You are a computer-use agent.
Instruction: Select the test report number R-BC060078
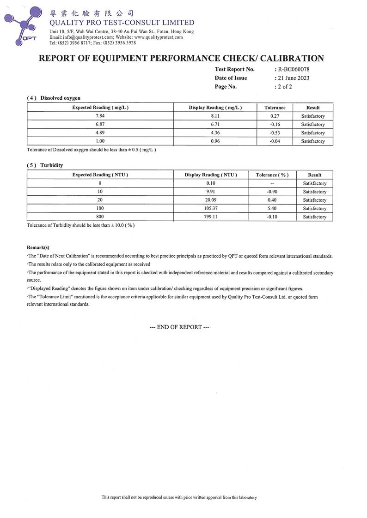click(292, 69)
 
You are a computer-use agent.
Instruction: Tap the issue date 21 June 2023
click(293, 78)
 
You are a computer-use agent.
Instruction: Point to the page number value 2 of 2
click(284, 86)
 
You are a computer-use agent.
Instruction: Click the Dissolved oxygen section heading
click(60, 98)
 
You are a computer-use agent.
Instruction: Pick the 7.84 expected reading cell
click(100, 116)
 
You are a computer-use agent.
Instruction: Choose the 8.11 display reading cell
click(215, 116)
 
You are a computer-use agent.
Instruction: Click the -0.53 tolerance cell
click(275, 133)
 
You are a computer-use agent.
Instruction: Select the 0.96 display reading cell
click(215, 141)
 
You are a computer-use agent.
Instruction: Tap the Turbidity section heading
click(51, 165)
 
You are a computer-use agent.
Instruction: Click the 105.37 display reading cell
click(211, 208)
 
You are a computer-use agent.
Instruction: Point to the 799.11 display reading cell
click(211, 217)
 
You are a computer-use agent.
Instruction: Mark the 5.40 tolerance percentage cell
click(272, 208)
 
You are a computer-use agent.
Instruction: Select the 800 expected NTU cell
click(100, 217)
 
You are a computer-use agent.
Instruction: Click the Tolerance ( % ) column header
click(272, 175)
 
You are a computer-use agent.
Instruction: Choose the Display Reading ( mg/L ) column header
click(215, 108)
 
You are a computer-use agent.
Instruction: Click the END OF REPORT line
click(180, 327)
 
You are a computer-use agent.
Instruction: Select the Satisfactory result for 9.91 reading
click(314, 192)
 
